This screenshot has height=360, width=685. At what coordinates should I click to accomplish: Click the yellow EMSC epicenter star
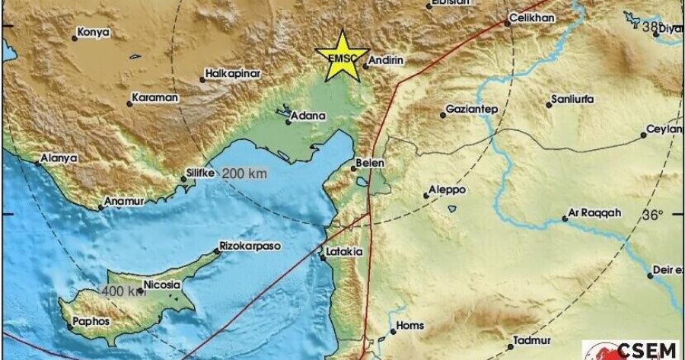click(340, 55)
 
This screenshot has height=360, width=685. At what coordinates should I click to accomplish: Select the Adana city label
click(311, 116)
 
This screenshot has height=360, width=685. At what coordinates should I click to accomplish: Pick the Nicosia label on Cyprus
click(164, 285)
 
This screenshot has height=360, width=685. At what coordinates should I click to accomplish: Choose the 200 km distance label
click(244, 174)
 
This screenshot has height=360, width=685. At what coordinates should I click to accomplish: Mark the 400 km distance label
click(123, 290)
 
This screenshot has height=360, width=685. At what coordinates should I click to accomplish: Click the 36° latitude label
click(652, 215)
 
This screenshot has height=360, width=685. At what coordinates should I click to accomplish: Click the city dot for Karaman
click(129, 104)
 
